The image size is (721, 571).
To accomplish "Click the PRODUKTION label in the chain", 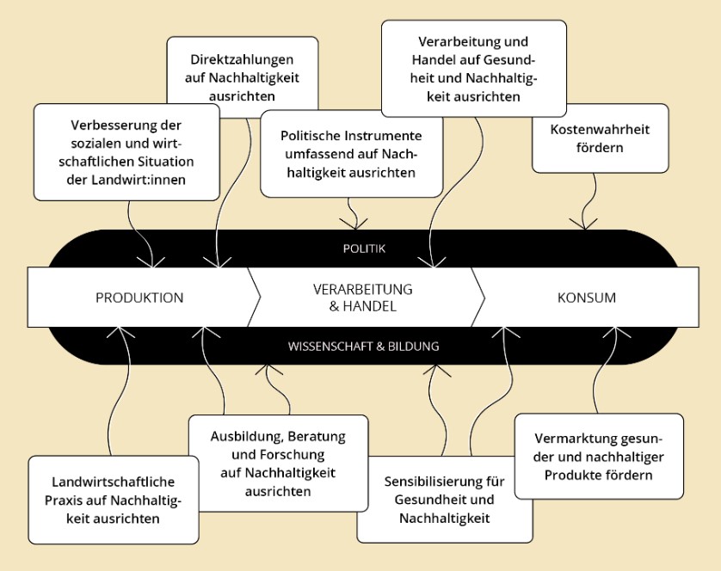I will click(139, 298).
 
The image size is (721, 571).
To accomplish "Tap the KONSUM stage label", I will click(587, 298).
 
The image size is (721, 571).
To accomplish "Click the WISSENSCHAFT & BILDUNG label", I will click(363, 347).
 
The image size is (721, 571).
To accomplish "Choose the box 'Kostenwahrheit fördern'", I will click(601, 138).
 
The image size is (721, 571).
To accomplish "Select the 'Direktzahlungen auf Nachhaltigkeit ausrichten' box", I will click(242, 76).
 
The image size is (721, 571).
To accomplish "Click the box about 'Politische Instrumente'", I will click(350, 154).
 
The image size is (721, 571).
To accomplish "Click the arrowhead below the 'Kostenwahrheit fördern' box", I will click(585, 224).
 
